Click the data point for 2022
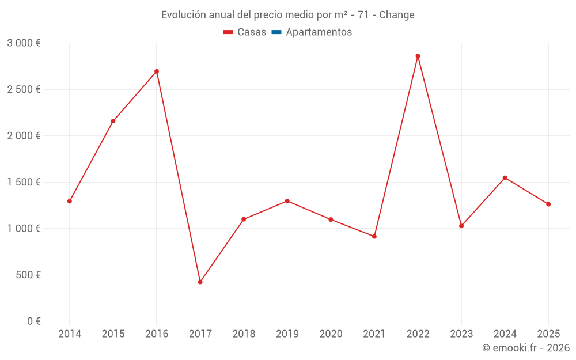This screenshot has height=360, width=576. coord(418,56)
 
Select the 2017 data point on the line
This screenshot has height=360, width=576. coord(200,282)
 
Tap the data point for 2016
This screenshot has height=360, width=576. coord(157,71)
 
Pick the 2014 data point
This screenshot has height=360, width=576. coord(70,201)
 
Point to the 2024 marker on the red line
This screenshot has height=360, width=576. coord(505,177)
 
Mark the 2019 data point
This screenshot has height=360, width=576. coord(287,201)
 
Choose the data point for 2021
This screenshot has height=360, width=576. coord(374,236)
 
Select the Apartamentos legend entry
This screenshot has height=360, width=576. coord(319,32)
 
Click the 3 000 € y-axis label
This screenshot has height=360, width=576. coord(24,43)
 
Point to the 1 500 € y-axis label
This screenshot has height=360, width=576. coord(24,182)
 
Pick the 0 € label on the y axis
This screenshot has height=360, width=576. coord(33,321)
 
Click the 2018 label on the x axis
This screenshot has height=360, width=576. coord(244,334)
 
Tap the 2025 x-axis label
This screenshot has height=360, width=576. coord(548,334)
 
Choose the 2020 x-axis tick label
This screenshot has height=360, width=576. coord(331,334)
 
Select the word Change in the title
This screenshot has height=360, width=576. coord(397,15)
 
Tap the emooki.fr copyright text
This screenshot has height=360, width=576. coord(525,348)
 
